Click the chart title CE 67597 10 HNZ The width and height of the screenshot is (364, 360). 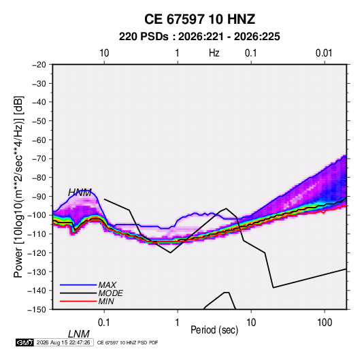click(x=199, y=19)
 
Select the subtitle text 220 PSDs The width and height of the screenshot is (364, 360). click(x=144, y=37)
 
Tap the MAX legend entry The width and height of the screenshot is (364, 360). click(x=107, y=285)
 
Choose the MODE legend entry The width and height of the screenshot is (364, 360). click(x=110, y=293)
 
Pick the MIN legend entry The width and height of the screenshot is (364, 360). click(x=106, y=301)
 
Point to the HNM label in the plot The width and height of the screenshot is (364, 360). click(x=80, y=193)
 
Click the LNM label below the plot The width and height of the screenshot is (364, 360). click(x=79, y=334)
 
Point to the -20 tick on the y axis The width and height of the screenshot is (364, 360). click(x=39, y=65)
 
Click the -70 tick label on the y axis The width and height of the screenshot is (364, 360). click(x=39, y=159)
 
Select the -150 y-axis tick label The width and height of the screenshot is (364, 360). click(x=37, y=310)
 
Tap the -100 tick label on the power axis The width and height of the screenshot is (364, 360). click(x=37, y=215)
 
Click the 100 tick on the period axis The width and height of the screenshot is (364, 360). click(x=325, y=323)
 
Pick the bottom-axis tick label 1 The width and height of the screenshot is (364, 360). click(x=178, y=323)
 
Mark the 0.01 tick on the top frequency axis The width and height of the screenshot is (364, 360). click(x=324, y=53)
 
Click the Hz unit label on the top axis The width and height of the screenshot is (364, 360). click(x=214, y=53)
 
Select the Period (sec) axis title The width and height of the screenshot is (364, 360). click(x=214, y=330)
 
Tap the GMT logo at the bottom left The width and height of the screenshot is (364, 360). click(x=24, y=342)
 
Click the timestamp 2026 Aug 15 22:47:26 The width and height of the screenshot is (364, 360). click(x=63, y=342)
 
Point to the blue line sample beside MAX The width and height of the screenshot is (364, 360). click(x=78, y=285)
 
